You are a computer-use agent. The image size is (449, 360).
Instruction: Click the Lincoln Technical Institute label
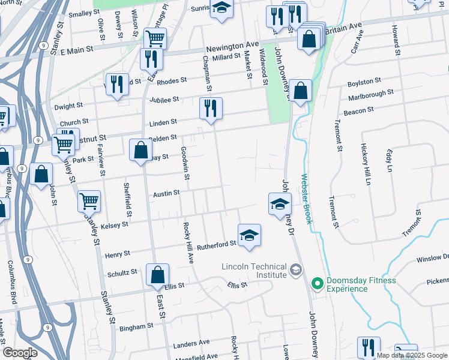(254, 271)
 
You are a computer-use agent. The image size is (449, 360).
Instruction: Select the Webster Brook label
(307, 199)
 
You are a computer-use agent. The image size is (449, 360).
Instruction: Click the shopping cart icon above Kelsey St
(89, 200)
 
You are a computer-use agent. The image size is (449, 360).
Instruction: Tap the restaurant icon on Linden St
(211, 108)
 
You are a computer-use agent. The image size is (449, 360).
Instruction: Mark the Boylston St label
(364, 81)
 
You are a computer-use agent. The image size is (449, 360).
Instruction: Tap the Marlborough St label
(370, 95)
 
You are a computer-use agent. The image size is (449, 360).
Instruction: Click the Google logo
(20, 353)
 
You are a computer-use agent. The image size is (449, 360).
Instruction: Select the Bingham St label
(136, 327)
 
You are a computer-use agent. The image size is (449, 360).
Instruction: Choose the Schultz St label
(122, 273)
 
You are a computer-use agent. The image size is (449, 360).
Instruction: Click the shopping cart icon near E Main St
(155, 38)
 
